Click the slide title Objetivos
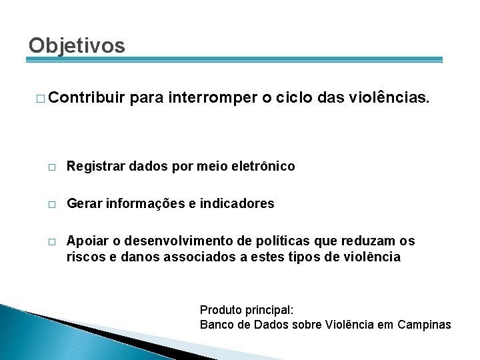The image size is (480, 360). (x=77, y=45)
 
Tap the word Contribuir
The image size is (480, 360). (x=86, y=99)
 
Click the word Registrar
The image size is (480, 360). (x=92, y=166)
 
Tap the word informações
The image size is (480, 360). (x=145, y=203)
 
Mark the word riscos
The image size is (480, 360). (x=84, y=256)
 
